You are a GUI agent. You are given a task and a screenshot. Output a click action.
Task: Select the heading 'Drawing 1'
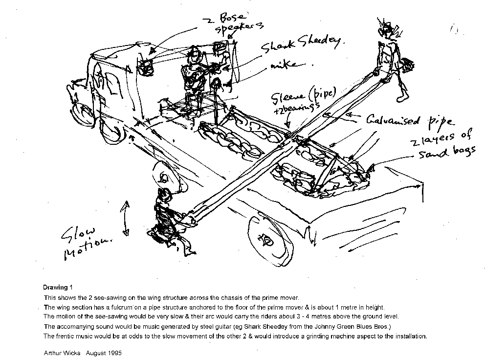click(x=58, y=288)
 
